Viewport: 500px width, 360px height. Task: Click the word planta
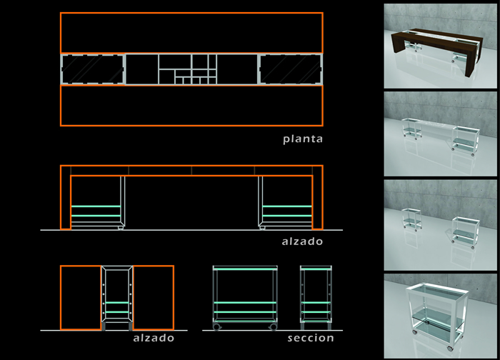pos(303,139)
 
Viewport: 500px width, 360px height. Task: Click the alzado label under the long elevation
pos(302,241)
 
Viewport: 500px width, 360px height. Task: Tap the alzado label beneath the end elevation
pos(154,338)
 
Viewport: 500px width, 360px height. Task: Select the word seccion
pos(311,338)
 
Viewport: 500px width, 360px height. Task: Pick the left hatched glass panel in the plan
pos(92,69)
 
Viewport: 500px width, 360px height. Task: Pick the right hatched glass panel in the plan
pos(291,69)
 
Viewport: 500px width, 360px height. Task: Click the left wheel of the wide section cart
pos(217,327)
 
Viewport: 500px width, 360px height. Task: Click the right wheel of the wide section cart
pos(273,327)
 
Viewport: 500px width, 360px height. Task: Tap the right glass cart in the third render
pos(466,232)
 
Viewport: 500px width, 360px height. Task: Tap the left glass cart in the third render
pos(412,219)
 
